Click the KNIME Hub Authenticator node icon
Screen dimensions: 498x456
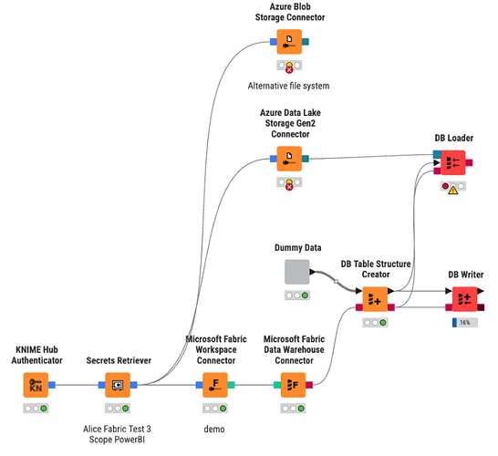[36, 385]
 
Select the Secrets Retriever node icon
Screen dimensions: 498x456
[118, 385]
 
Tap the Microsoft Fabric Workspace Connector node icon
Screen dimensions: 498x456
[215, 385]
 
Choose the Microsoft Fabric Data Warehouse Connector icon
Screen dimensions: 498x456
[293, 385]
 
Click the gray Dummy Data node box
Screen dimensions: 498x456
[297, 272]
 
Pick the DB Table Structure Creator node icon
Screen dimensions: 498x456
[375, 299]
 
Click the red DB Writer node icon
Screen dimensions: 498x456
[464, 299]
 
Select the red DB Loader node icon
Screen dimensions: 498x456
[453, 162]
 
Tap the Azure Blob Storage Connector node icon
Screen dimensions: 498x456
[289, 42]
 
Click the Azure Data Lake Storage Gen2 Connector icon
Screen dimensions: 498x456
[289, 159]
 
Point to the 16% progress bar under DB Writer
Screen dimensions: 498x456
[465, 323]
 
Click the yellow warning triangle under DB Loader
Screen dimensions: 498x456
[453, 190]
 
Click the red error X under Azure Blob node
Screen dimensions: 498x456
[289, 70]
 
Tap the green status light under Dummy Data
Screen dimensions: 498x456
[305, 295]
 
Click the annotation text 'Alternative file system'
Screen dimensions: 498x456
[288, 86]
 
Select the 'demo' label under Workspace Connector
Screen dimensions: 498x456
[214, 430]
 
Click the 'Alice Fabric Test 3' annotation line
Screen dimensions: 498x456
[117, 429]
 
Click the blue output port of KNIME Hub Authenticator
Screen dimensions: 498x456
[52, 385]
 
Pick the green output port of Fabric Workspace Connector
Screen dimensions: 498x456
[232, 385]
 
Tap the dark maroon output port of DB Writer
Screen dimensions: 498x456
[481, 307]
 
